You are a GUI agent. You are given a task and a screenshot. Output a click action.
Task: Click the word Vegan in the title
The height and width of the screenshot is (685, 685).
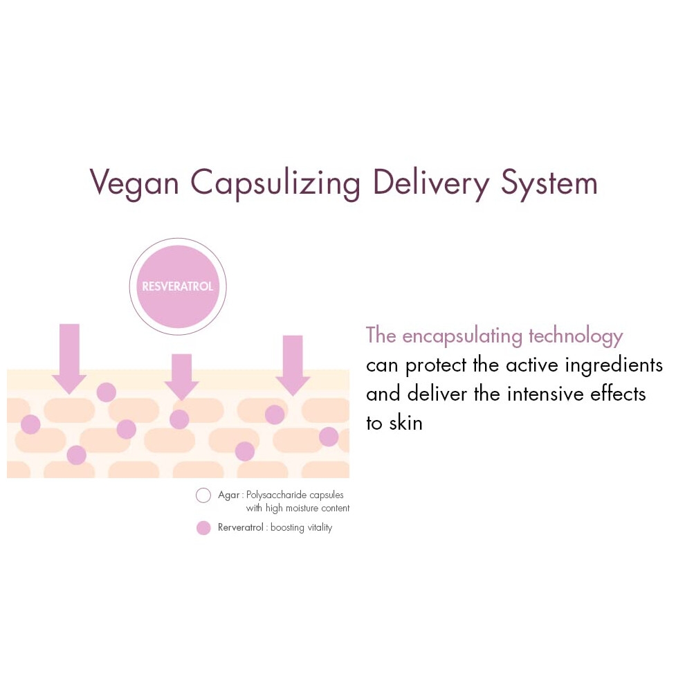134,183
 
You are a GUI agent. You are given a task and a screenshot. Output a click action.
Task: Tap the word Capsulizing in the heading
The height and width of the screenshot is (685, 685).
275,183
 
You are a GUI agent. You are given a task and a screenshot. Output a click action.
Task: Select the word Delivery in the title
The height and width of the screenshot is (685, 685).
431,183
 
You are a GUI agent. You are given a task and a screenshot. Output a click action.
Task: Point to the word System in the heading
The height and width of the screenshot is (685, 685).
549,183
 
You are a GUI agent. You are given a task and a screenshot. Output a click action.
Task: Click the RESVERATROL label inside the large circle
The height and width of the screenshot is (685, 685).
177,286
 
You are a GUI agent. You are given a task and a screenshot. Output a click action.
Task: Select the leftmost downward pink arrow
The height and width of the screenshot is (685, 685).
69,358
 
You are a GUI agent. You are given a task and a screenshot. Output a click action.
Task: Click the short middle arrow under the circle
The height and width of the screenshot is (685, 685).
181,377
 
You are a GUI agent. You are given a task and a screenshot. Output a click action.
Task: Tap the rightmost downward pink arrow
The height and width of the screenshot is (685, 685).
293,365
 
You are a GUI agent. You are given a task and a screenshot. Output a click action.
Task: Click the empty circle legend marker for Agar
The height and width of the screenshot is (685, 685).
203,495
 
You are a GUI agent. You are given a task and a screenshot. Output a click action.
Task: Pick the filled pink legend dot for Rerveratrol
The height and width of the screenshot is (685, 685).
203,528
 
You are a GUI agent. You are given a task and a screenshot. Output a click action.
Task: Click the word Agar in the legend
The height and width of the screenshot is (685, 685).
228,495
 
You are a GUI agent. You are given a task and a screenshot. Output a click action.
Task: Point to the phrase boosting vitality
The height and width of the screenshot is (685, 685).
302,528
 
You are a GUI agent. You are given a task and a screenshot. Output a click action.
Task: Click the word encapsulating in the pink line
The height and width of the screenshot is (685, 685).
462,336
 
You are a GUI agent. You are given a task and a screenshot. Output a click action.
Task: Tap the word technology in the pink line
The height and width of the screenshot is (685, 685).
576,336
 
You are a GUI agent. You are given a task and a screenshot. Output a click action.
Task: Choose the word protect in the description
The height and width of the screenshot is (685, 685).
436,365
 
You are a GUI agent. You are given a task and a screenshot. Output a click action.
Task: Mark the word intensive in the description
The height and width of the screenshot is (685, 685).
545,394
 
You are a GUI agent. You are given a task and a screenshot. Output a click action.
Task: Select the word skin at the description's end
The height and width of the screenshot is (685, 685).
406,423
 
